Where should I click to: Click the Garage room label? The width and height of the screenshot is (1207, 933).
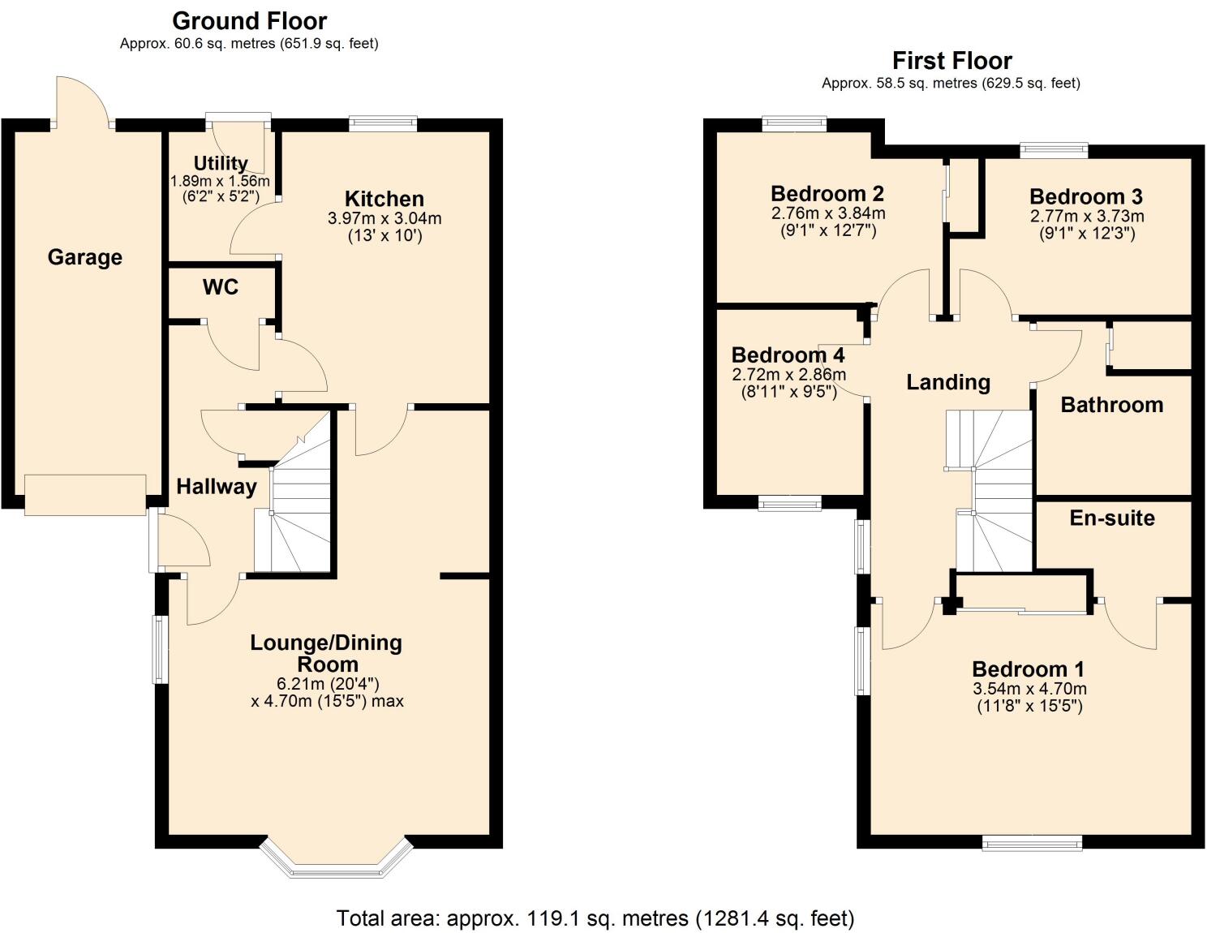(85, 257)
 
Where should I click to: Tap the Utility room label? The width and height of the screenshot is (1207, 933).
(221, 163)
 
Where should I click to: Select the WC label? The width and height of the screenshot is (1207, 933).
(221, 287)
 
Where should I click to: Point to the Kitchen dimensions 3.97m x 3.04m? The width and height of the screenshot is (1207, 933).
(384, 218)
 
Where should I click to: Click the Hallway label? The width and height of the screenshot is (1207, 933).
(217, 487)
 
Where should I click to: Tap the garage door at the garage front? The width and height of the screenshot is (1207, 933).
(85, 495)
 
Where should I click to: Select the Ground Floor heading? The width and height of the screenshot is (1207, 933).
(250, 20)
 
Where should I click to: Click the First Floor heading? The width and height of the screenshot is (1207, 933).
(951, 61)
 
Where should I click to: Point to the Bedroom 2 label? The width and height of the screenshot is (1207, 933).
(827, 194)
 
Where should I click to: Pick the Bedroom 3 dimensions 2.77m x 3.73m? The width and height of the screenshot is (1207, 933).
(1087, 217)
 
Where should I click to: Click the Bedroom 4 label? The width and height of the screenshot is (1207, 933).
(788, 355)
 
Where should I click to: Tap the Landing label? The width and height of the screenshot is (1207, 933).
(948, 382)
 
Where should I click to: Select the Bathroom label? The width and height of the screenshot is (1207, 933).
(1112, 405)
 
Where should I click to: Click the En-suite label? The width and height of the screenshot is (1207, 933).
(1112, 518)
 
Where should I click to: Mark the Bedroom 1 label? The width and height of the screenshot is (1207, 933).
(1028, 669)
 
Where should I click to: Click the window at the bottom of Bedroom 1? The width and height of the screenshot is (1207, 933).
(1032, 844)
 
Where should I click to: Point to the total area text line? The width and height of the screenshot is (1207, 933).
(595, 918)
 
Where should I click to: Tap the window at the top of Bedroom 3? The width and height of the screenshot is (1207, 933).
(1054, 149)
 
